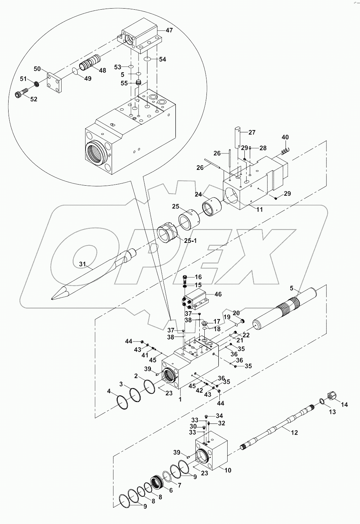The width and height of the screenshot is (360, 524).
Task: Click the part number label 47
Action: (169, 30)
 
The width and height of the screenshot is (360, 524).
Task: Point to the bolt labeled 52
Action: (20, 95)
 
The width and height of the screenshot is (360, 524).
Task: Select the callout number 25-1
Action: (190, 241)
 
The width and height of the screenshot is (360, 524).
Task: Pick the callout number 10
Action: (227, 470)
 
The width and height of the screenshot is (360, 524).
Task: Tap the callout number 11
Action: (259, 210)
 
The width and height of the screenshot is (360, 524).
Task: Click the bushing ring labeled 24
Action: (211, 208)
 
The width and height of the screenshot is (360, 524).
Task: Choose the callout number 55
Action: (124, 83)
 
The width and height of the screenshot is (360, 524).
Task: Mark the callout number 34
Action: (219, 416)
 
